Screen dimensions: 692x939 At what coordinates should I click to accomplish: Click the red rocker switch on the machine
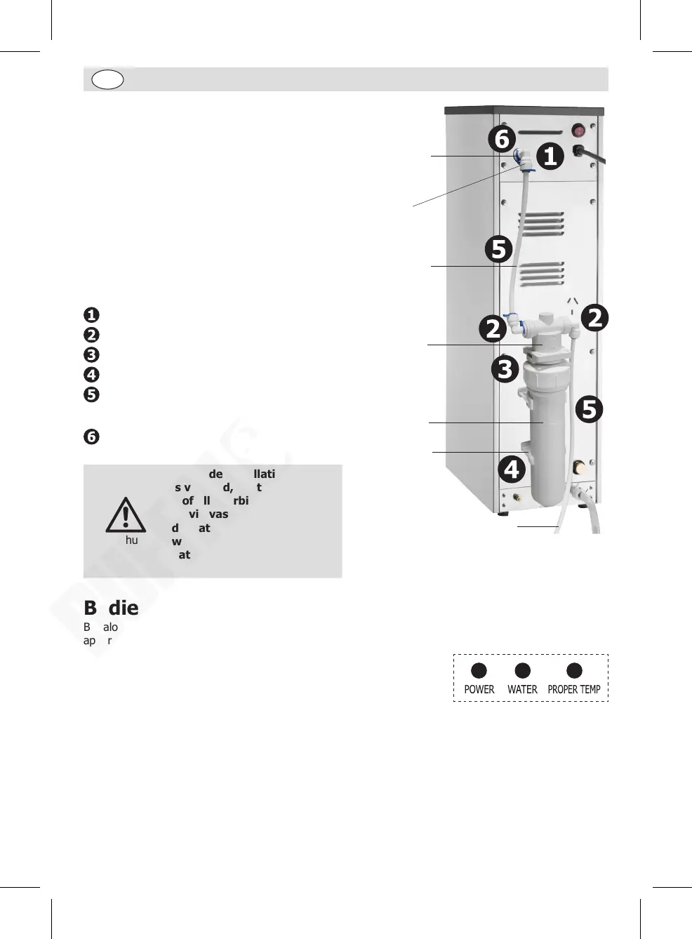(x=579, y=131)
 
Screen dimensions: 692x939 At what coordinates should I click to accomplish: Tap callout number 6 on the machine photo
(x=502, y=139)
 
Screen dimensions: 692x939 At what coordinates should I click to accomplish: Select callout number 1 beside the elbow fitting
(x=550, y=156)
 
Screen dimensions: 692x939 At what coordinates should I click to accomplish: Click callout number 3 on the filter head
(x=505, y=368)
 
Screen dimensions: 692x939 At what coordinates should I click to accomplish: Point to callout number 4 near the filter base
(x=512, y=469)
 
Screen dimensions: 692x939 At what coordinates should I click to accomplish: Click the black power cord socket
(x=580, y=151)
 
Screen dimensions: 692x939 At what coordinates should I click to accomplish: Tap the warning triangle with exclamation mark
(x=126, y=515)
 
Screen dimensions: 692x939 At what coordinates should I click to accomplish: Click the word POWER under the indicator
(x=479, y=689)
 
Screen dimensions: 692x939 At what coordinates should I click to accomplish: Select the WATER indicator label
(x=522, y=689)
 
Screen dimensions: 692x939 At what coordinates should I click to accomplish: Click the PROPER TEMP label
(x=574, y=689)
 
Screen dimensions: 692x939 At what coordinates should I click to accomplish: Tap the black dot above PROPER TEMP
(x=574, y=671)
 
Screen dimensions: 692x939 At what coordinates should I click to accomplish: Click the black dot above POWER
(x=479, y=671)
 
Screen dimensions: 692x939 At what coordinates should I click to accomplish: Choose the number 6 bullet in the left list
(x=91, y=437)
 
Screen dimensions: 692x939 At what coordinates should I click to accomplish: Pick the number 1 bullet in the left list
(x=91, y=314)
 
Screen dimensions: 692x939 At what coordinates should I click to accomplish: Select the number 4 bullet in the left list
(x=91, y=375)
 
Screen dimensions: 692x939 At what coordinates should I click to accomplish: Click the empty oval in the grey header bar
(x=107, y=79)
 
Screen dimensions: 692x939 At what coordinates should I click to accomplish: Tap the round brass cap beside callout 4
(x=580, y=467)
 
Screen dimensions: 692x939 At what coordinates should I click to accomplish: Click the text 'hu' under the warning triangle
(x=131, y=540)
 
